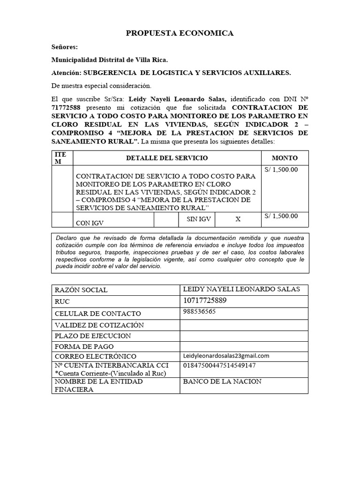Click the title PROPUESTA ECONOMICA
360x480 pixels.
(180, 33)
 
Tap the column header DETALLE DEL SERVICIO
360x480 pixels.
(167, 158)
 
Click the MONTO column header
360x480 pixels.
(285, 158)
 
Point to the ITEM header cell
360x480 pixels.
(61, 158)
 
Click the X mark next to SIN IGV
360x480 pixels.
(238, 219)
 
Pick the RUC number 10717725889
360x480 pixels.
(205, 300)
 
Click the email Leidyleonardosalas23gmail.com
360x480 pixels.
(226, 356)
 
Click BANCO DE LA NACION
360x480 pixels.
(222, 382)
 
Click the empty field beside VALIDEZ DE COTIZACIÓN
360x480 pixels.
(244, 325)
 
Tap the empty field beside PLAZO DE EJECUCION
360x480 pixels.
(244, 336)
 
